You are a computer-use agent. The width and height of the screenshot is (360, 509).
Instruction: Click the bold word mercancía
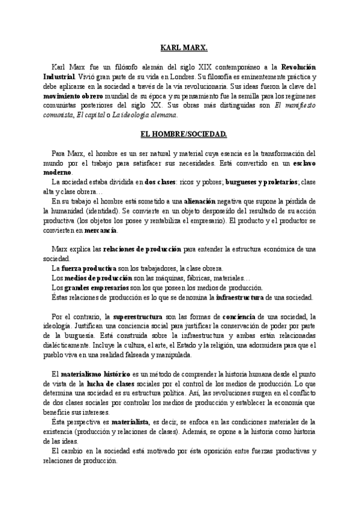tap(100, 230)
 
